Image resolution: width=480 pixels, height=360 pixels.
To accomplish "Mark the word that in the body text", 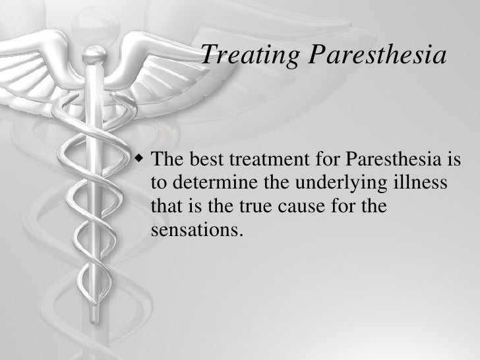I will [165, 208].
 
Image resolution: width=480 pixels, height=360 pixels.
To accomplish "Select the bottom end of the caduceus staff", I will [100, 343].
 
